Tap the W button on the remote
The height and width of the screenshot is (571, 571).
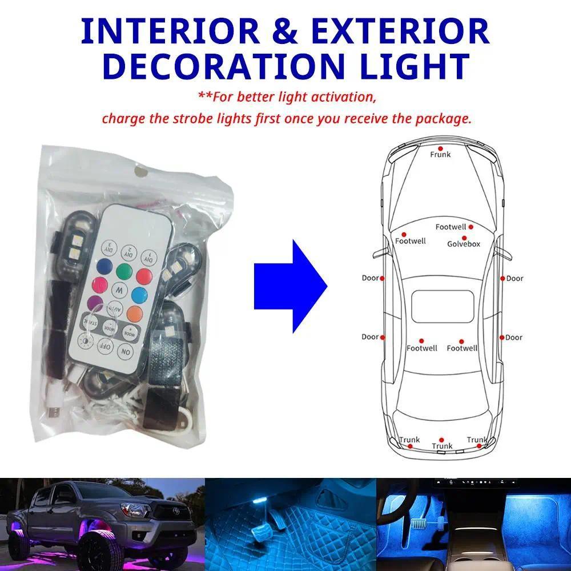[x=119, y=289]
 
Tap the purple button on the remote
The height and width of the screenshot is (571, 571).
[x=95, y=303]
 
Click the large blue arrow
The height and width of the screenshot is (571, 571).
[x=290, y=287]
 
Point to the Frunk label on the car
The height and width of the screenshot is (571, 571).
[x=440, y=154]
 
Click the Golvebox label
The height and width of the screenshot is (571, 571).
[x=463, y=244]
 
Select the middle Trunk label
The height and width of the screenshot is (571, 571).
[x=442, y=446]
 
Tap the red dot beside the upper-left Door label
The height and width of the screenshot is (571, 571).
[x=382, y=279]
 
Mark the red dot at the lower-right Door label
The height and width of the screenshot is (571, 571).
[x=501, y=337]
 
